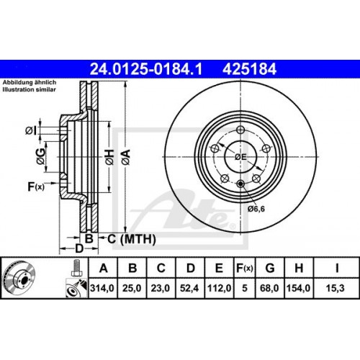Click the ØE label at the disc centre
pos(240,158)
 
